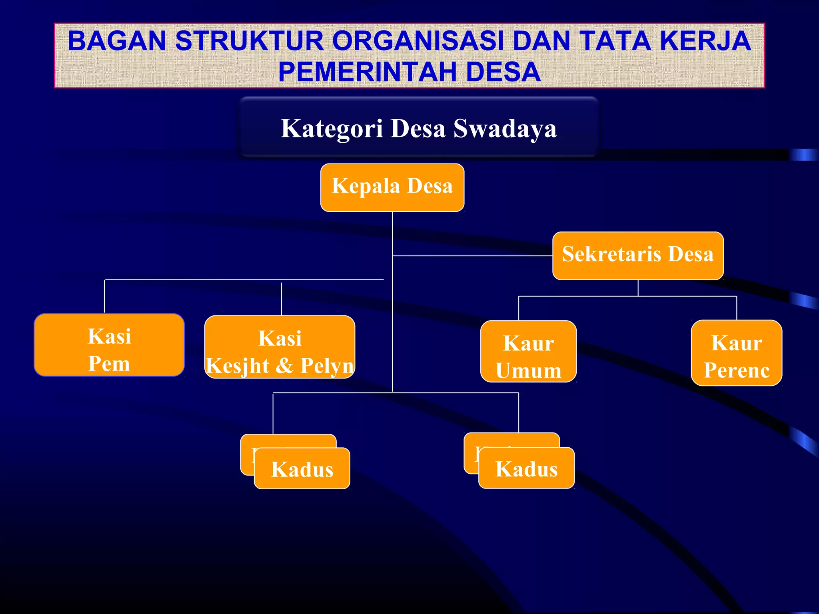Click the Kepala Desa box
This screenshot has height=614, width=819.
pyautogui.click(x=392, y=187)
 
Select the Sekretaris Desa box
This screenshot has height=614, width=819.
pyautogui.click(x=638, y=255)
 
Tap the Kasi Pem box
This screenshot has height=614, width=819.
pyautogui.click(x=109, y=345)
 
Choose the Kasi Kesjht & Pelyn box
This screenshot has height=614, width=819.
pyautogui.click(x=280, y=347)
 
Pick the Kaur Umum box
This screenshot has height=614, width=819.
pyautogui.click(x=528, y=351)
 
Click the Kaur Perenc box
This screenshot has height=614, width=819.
pyautogui.click(x=737, y=353)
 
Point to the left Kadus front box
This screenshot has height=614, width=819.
pyautogui.click(x=302, y=468)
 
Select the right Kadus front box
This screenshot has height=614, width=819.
pyautogui.click(x=526, y=468)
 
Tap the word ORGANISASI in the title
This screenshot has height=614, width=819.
pyautogui.click(x=418, y=41)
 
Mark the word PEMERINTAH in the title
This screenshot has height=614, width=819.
pyautogui.click(x=368, y=72)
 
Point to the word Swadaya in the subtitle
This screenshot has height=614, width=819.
pyautogui.click(x=505, y=129)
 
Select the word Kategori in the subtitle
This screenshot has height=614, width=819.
pyautogui.click(x=332, y=129)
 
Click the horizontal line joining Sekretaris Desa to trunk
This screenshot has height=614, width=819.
pyautogui.click(x=472, y=255)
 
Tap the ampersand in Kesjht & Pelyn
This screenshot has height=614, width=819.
pyautogui.click(x=284, y=365)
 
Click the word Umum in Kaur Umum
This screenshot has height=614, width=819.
pyautogui.click(x=529, y=371)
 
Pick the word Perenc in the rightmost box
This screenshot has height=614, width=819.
pyautogui.click(x=737, y=370)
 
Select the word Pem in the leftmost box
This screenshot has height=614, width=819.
pyautogui.click(x=109, y=364)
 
